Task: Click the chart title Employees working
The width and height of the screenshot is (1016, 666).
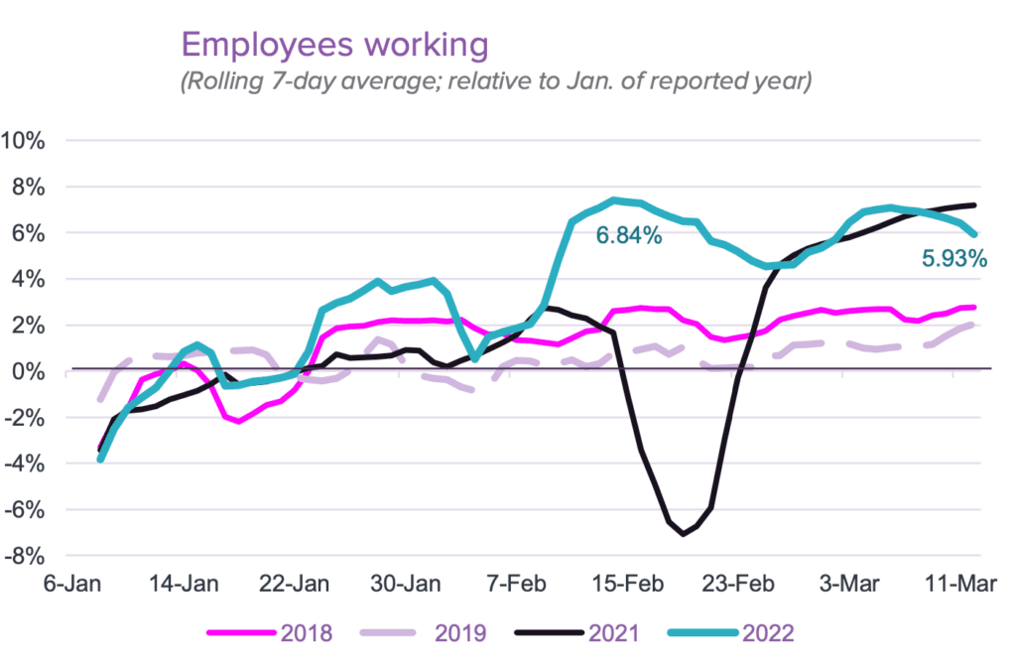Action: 334,46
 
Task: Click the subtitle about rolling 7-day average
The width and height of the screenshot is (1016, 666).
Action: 496,81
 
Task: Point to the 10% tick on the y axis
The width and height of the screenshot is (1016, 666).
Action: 24,140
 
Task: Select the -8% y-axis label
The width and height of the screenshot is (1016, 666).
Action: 25,557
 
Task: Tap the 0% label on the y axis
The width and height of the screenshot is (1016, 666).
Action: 29,371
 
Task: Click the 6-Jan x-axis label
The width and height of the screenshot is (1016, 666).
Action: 71,584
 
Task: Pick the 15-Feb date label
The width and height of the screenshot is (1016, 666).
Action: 627,584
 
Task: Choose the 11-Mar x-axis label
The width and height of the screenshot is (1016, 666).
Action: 960,584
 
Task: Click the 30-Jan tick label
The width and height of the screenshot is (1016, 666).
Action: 406,584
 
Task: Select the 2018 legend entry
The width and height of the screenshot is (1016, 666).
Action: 270,633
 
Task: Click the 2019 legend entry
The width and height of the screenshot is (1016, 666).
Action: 423,633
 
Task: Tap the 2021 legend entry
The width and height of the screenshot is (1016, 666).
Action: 576,633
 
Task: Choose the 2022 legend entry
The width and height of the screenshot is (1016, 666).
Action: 731,633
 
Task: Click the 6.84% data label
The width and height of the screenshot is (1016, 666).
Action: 628,235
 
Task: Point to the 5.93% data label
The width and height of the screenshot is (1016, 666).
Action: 954,259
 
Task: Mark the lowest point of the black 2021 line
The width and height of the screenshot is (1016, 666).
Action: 683,534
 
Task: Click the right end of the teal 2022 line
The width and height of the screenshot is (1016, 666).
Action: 974,235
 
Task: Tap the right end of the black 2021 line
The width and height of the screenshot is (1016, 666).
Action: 974,205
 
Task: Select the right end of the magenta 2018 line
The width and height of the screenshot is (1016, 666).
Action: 974,308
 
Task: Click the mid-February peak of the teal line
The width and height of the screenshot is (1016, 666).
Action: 613,200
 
